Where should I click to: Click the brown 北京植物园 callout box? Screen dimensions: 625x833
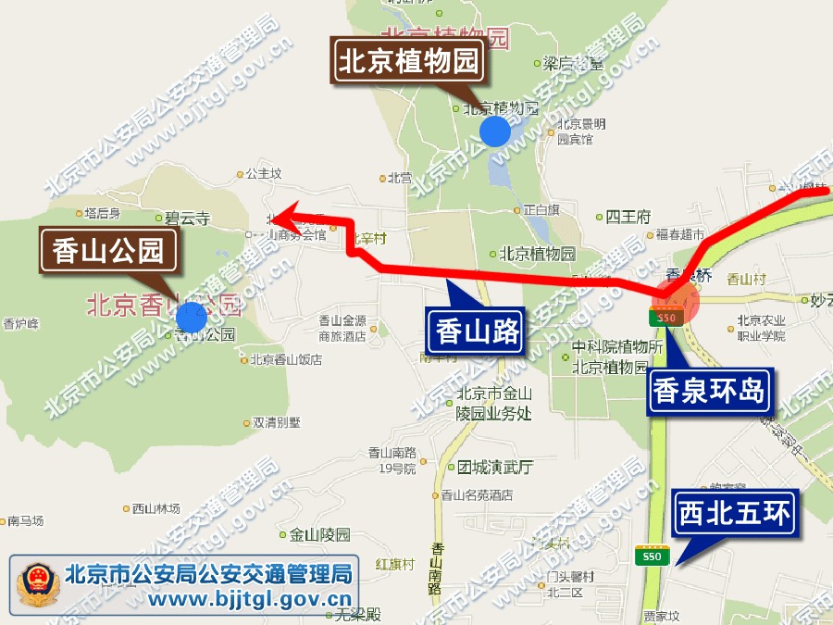[408, 62]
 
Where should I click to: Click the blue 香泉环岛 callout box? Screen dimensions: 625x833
[710, 390]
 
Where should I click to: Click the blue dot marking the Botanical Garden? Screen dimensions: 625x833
[495, 131]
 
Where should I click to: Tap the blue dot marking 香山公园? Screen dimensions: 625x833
[191, 318]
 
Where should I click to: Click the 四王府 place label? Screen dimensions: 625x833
[628, 218]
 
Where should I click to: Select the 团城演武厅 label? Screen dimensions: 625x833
[495, 468]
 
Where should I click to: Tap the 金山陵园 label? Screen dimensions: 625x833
[320, 534]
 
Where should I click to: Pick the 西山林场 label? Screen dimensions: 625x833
[155, 508]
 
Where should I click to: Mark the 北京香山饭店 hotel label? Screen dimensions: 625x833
[286, 359]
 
